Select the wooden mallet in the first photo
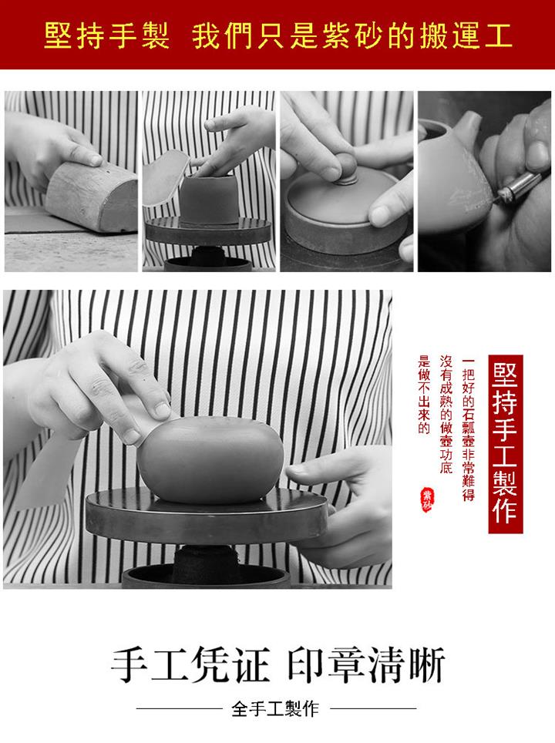click(x=92, y=195)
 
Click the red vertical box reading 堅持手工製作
click(x=505, y=443)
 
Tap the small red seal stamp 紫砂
click(x=426, y=499)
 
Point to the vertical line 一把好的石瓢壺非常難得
click(x=468, y=429)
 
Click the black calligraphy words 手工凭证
click(x=190, y=665)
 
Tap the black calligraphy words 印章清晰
click(x=366, y=665)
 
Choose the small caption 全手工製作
click(x=275, y=709)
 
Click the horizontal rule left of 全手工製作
click(x=179, y=709)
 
